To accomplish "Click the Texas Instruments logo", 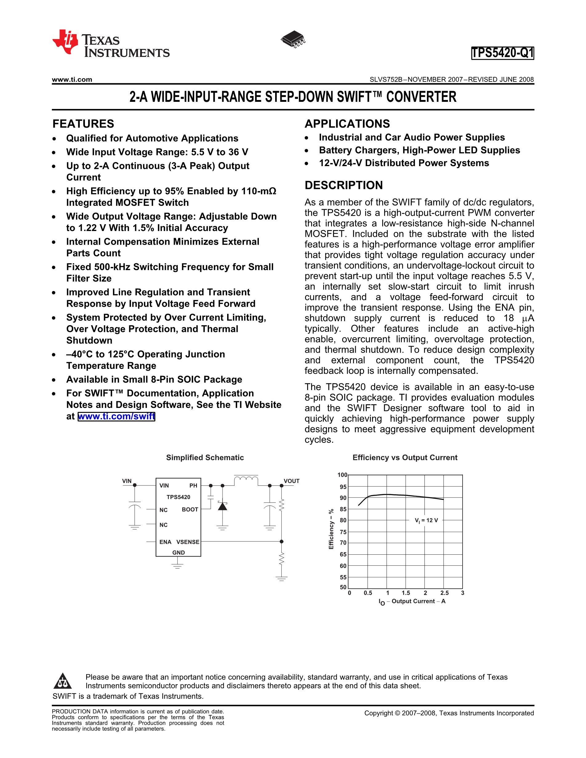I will (110, 44).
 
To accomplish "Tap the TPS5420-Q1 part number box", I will (502, 53).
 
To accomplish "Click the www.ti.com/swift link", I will (116, 416).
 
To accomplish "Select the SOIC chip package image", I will (293, 39).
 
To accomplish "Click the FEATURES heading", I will (83, 124).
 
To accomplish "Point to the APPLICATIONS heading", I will (347, 124).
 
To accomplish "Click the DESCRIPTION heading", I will (344, 185).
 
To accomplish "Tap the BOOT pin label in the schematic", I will (190, 509).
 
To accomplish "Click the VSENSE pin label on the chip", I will (188, 542).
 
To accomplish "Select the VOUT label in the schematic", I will (291, 481).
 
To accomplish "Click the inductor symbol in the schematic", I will (246, 480).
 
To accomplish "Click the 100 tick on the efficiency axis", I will (342, 475).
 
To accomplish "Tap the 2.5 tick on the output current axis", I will (444, 593).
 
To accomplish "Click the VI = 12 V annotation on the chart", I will (426, 520).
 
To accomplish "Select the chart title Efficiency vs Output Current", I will (405, 457).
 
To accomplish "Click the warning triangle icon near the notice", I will (63, 681).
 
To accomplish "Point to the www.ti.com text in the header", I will (72, 79).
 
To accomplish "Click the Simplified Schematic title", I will (205, 457).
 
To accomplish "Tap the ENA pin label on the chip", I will (165, 542).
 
